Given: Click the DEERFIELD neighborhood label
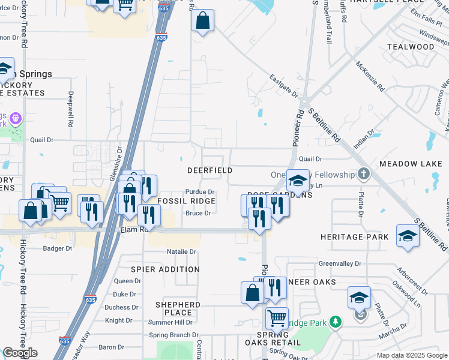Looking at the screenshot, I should pyautogui.click(x=209, y=171).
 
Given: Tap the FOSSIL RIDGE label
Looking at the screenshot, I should pyautogui.click(x=186, y=201).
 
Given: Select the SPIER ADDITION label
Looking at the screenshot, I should pyautogui.click(x=165, y=269).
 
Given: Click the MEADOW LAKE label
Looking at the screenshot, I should pyautogui.click(x=411, y=164).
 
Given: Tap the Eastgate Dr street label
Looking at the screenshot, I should pyautogui.click(x=283, y=86).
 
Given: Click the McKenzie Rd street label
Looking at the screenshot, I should pyautogui.click(x=370, y=76).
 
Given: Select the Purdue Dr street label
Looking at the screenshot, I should pyautogui.click(x=199, y=192).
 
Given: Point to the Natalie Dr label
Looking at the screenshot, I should pyautogui.click(x=181, y=251).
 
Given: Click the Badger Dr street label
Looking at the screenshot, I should pyautogui.click(x=58, y=248).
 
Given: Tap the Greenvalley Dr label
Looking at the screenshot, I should pyautogui.click(x=340, y=263).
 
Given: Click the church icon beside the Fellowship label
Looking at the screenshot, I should pyautogui.click(x=363, y=174).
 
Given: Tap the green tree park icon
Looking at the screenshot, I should pyautogui.click(x=336, y=323).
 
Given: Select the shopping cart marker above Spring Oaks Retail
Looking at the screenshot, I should pyautogui.click(x=277, y=317).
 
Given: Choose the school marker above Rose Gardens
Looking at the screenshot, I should pyautogui.click(x=297, y=180).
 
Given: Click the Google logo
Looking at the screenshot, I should pyautogui.click(x=20, y=353).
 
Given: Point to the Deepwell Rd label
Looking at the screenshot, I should pyautogui.click(x=70, y=108).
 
